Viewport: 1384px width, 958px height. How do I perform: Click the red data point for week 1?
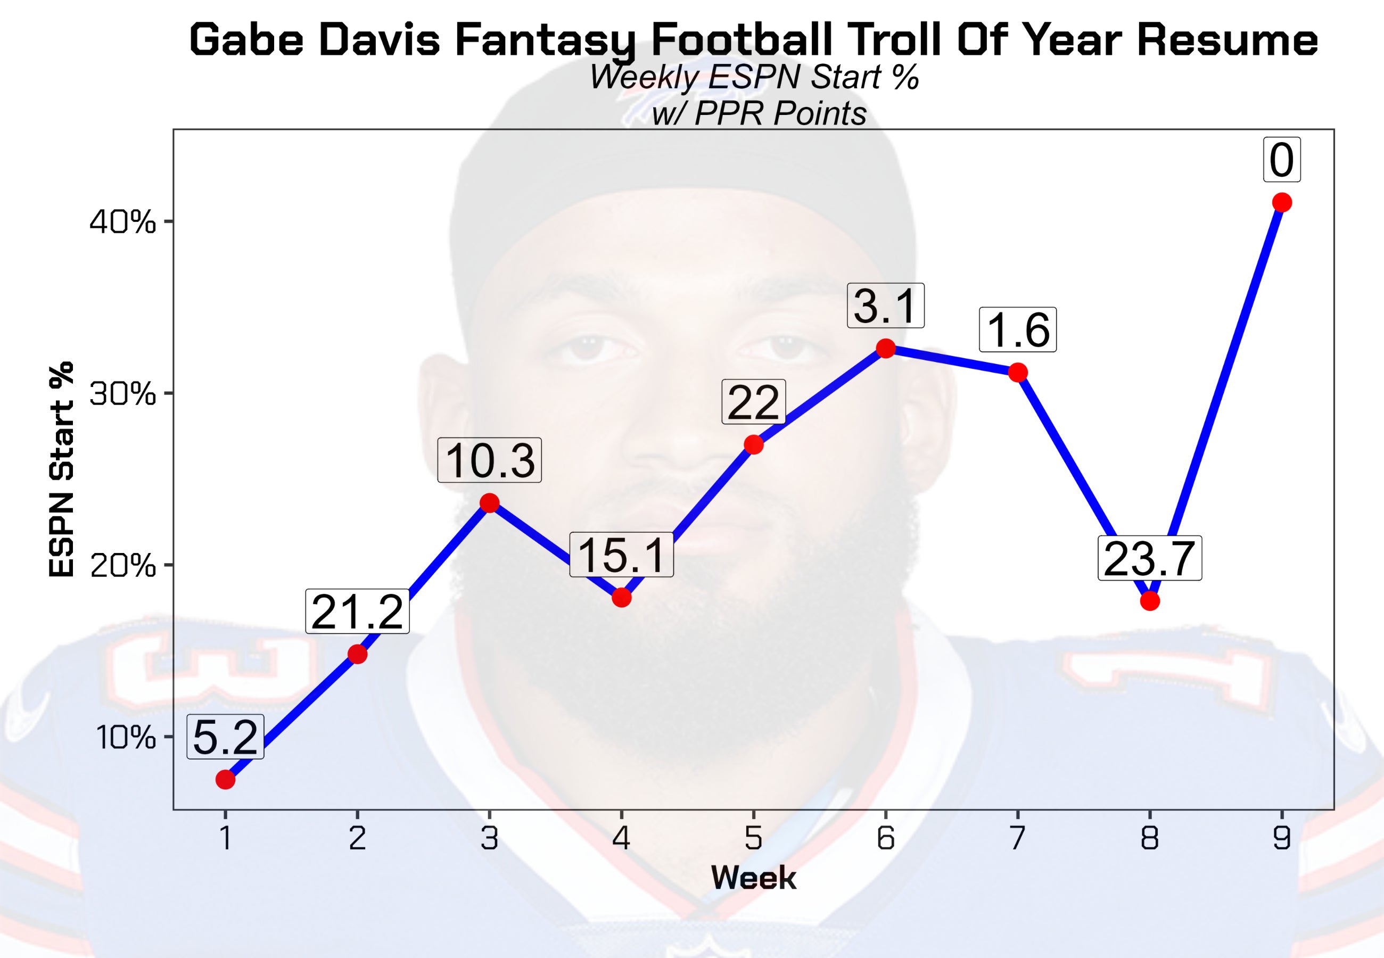[225, 780]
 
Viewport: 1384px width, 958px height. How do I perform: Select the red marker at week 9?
[1281, 203]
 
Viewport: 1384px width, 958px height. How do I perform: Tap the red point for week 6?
[885, 348]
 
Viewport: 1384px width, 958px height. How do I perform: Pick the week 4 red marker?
[621, 597]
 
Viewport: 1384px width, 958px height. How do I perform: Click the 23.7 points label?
[1149, 559]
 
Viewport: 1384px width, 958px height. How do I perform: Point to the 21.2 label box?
[357, 612]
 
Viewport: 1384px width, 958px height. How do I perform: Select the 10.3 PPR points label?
[489, 460]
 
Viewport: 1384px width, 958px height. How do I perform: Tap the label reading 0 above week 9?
[1281, 160]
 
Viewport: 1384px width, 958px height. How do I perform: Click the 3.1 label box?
[885, 306]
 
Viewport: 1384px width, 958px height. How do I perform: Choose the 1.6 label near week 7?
[1017, 330]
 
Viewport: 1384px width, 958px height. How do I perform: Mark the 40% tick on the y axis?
[122, 222]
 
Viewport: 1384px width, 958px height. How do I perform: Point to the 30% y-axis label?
[122, 394]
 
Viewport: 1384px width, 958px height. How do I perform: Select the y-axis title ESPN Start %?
[61, 469]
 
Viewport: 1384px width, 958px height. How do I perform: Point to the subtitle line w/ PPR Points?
[759, 113]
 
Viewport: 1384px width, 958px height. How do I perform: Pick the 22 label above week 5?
[753, 402]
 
